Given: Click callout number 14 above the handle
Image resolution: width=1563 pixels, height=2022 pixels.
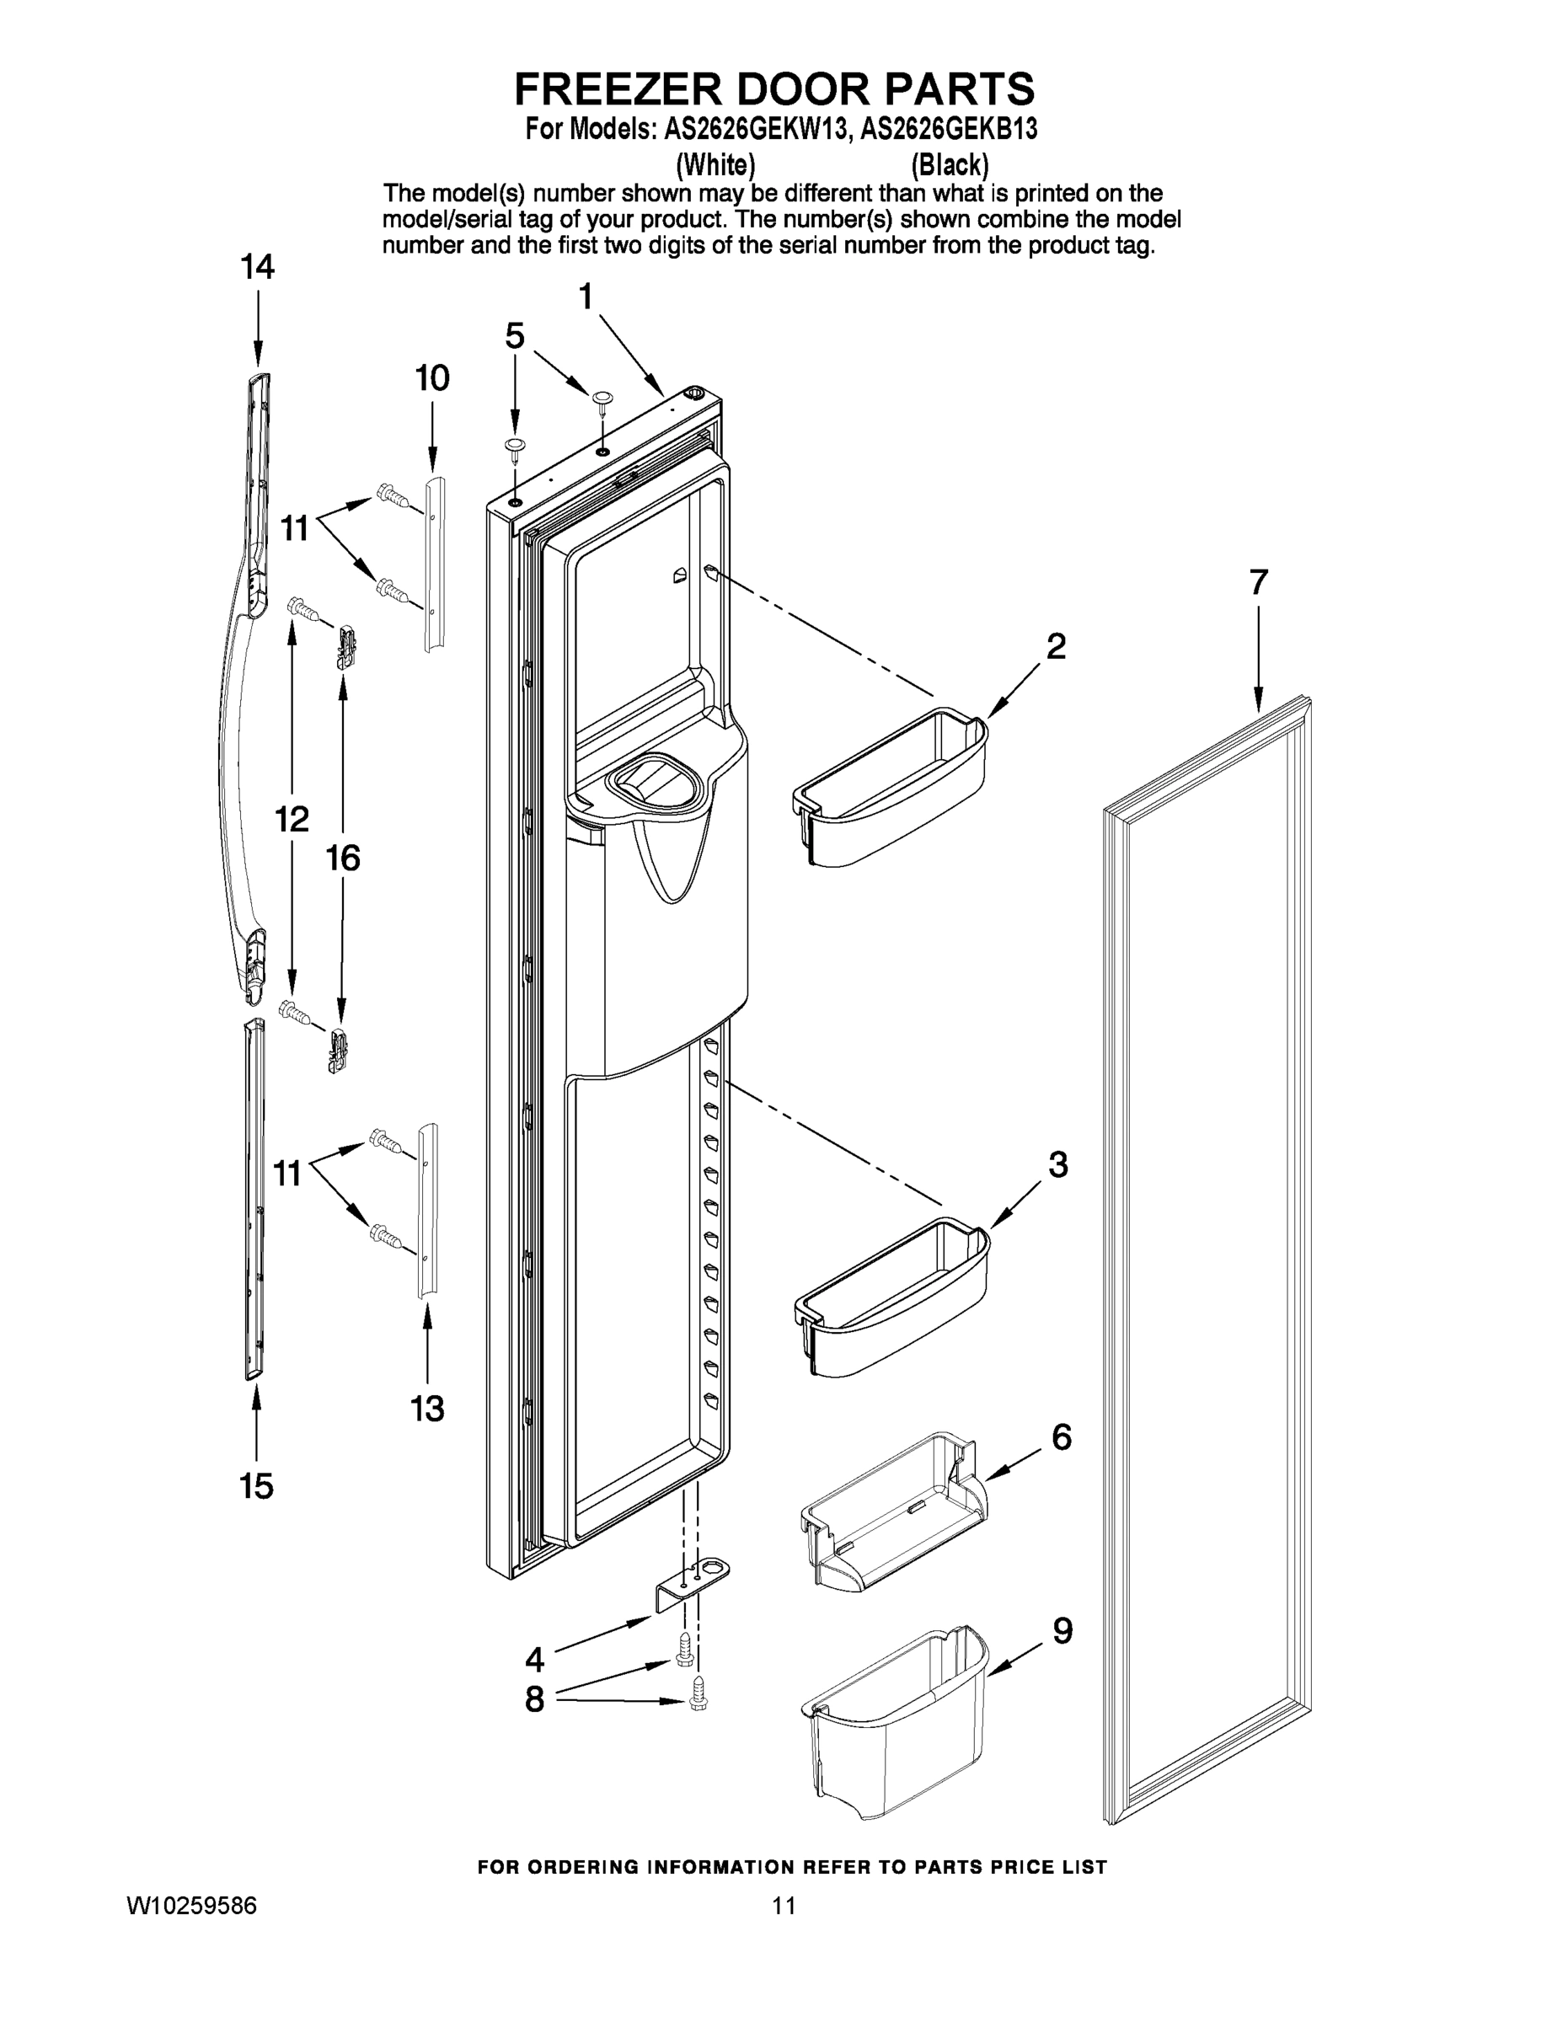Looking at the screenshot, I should click(x=258, y=268).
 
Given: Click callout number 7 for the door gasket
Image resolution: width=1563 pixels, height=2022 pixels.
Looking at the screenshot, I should click(x=1258, y=582).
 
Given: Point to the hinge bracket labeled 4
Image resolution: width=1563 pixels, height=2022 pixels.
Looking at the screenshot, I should click(x=693, y=1584).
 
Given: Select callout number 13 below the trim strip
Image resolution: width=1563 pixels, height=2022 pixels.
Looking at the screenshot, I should click(x=428, y=1410).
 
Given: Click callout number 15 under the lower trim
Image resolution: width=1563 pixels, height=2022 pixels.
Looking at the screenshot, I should click(x=256, y=1486).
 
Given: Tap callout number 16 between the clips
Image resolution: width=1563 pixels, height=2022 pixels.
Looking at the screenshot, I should click(x=343, y=859).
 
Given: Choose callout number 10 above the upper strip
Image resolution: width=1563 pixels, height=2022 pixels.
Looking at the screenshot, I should click(x=431, y=377).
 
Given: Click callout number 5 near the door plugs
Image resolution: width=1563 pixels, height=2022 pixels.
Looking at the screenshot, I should click(x=515, y=335).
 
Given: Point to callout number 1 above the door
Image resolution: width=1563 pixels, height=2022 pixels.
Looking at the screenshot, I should click(x=586, y=297).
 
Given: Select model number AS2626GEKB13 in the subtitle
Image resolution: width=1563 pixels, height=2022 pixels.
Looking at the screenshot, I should click(x=948, y=130).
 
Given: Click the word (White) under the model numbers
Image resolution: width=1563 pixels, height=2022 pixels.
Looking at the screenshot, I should click(x=715, y=165).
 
